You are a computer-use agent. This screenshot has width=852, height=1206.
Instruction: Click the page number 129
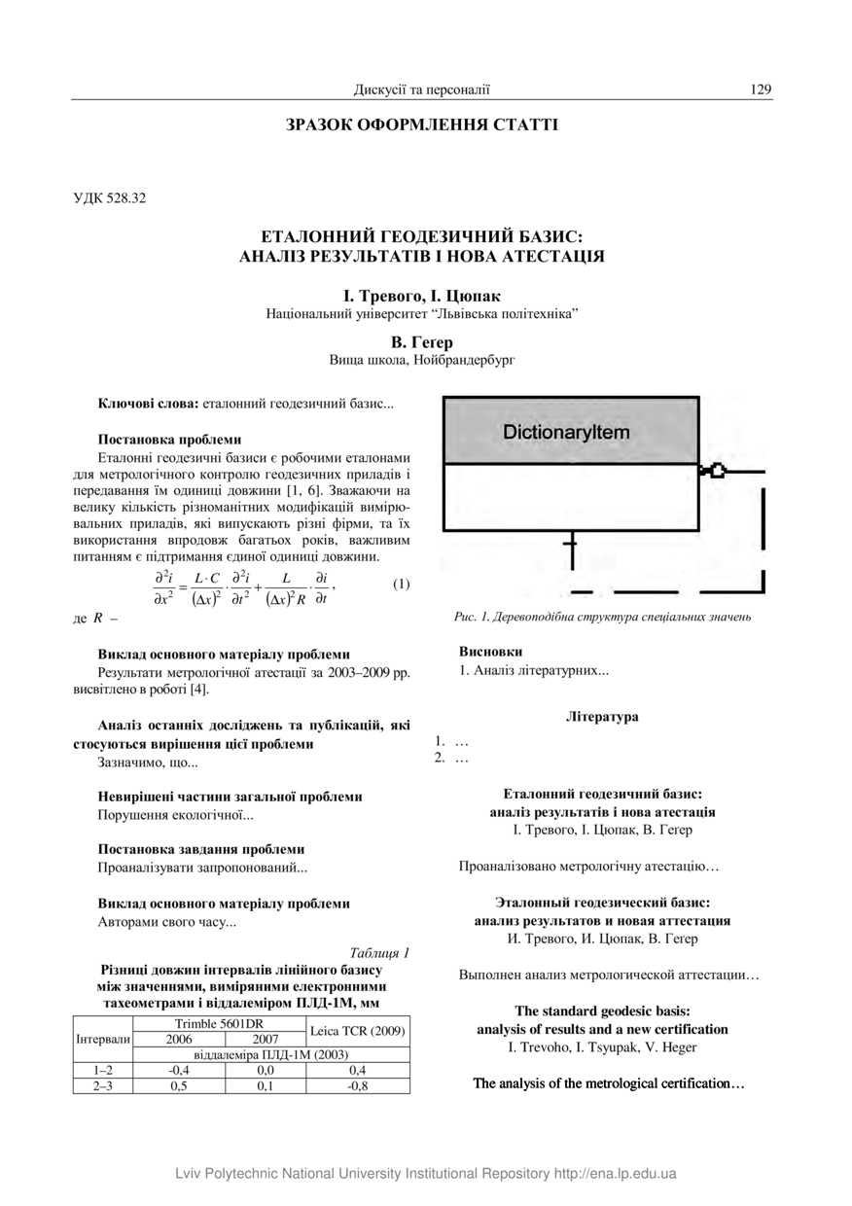click(x=761, y=89)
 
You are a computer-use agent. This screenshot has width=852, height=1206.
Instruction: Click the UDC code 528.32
click(x=109, y=198)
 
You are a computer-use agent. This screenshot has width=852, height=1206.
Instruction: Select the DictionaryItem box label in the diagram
click(x=566, y=432)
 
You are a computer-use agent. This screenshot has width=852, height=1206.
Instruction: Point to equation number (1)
click(x=401, y=585)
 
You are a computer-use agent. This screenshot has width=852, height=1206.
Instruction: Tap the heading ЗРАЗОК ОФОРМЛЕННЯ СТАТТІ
click(x=422, y=124)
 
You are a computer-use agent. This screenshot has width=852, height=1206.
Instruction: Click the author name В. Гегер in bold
click(x=422, y=342)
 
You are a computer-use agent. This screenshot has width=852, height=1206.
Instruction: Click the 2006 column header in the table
click(x=179, y=1039)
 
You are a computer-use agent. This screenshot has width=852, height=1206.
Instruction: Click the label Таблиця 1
click(x=379, y=952)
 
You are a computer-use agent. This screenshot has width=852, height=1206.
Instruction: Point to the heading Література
click(x=602, y=717)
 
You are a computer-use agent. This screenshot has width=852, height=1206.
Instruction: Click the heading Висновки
click(x=483, y=652)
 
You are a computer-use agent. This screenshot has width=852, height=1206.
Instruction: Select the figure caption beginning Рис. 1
click(x=602, y=617)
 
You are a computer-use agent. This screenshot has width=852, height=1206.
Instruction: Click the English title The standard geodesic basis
click(x=602, y=1011)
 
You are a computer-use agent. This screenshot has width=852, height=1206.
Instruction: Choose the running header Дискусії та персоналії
click(x=422, y=89)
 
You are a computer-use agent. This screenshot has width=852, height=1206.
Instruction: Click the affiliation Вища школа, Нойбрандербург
click(x=422, y=360)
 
